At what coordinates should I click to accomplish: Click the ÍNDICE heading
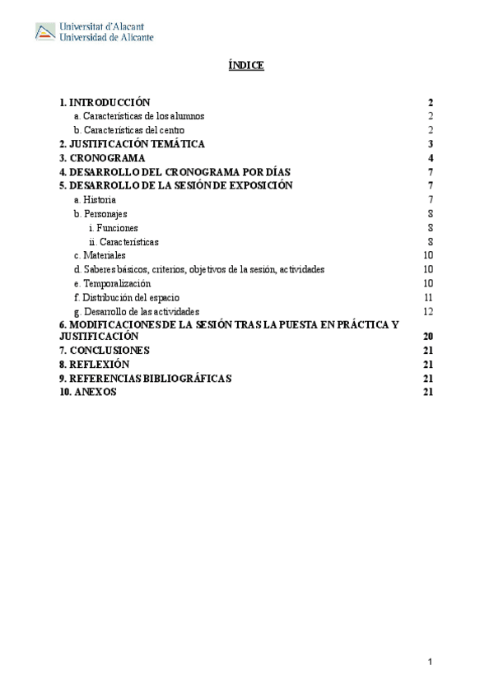tap(245, 65)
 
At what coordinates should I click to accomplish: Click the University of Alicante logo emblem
tap(45, 32)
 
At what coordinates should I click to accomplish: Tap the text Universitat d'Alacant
tap(106, 26)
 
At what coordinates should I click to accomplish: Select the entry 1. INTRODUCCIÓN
tap(105, 103)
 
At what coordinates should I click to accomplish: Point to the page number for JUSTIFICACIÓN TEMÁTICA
tap(430, 144)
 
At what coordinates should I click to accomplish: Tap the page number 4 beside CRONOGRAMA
tap(430, 158)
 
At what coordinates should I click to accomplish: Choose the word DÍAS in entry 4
tap(275, 172)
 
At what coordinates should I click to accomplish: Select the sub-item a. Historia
tap(95, 200)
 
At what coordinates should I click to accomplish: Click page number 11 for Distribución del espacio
tap(428, 297)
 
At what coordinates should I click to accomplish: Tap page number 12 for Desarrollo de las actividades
tap(428, 311)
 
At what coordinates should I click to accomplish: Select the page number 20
tap(427, 337)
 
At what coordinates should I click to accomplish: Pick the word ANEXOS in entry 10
tap(95, 393)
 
